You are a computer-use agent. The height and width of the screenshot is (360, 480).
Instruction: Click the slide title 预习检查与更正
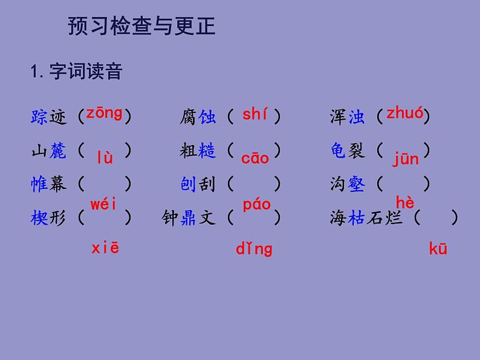[141, 27]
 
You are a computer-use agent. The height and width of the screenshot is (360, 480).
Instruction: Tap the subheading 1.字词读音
[76, 72]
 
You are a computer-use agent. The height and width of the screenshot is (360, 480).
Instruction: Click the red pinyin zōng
[104, 113]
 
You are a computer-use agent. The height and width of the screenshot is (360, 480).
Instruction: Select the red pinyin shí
[255, 114]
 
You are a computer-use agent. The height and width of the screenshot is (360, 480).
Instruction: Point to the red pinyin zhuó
[404, 113]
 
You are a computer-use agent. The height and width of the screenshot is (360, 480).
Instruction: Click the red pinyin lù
[105, 159]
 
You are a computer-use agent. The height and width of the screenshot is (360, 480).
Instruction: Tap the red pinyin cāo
[255, 159]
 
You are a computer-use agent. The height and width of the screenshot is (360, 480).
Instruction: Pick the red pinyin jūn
[405, 159]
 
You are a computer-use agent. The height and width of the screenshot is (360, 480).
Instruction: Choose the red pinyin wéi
[103, 204]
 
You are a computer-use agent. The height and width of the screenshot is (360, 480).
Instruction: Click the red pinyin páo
[256, 205]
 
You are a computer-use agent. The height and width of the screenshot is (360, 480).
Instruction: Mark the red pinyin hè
[405, 203]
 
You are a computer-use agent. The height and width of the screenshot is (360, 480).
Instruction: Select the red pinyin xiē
[105, 248]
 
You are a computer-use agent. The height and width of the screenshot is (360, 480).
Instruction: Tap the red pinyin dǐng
[254, 248]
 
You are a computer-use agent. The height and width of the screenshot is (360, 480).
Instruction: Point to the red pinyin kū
[438, 248]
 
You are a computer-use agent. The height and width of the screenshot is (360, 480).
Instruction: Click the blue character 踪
[39, 117]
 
